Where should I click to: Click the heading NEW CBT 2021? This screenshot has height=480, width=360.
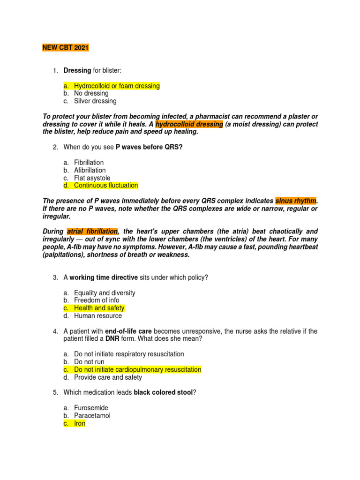pos(65,48)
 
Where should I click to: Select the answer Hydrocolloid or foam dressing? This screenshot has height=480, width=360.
pos(117,86)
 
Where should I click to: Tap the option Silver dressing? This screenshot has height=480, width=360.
pos(95,101)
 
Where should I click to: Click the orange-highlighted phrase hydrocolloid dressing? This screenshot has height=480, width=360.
pos(189,124)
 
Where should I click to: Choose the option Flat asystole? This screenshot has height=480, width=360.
pos(92,178)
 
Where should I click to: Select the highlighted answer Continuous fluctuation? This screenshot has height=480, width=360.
pos(106,185)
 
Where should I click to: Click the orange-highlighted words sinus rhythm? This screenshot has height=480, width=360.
pos(296,201)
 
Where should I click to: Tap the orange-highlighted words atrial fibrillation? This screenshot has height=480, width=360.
pos(92,232)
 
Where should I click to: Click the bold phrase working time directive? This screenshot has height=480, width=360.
pos(104,277)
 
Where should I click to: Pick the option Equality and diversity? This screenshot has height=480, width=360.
pos(105,293)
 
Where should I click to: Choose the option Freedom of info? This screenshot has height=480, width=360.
pos(97,300)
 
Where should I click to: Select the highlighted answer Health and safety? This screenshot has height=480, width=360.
pos(99,308)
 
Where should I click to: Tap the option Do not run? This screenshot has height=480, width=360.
pos(89,362)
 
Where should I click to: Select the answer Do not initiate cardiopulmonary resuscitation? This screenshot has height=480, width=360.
pos(137,369)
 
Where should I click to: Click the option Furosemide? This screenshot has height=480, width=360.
pos(91,408)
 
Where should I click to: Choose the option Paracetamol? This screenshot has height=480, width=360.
pos(92,415)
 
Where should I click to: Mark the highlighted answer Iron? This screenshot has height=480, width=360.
pos(80,423)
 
